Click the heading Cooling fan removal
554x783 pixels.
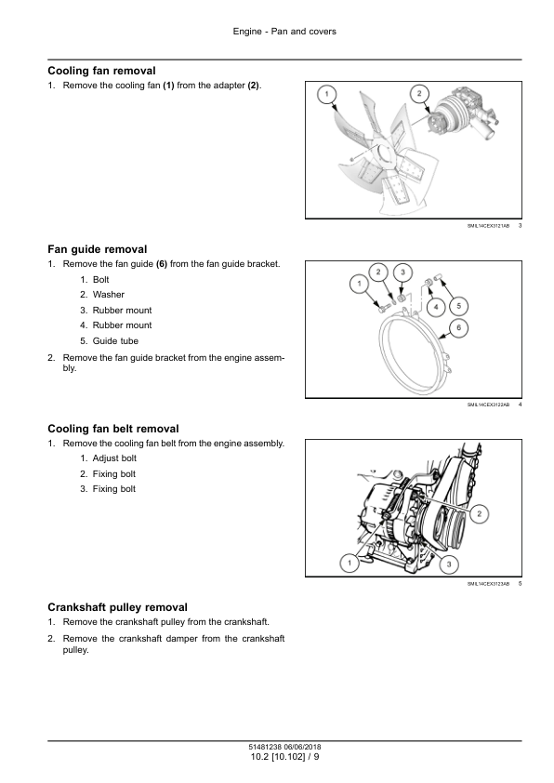[x=102, y=71]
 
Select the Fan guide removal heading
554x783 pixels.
[x=98, y=249]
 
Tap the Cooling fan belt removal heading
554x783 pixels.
[x=113, y=429]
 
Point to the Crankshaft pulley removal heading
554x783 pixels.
[x=118, y=607]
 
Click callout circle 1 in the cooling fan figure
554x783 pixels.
[x=327, y=94]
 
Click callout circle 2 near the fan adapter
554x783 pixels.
[x=418, y=93]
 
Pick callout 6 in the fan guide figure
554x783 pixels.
[x=458, y=328]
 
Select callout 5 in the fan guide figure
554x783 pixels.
[x=458, y=306]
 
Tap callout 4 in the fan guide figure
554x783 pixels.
[x=436, y=307]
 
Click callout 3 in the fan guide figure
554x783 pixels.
[x=402, y=272]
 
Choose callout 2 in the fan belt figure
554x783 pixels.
[x=479, y=514]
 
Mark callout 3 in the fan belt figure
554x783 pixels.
[x=449, y=564]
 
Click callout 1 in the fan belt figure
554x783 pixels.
[x=350, y=564]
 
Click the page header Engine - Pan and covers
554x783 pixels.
[x=284, y=32]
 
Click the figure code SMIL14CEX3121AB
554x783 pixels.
[x=488, y=226]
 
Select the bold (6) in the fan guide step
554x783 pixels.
[x=162, y=264]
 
